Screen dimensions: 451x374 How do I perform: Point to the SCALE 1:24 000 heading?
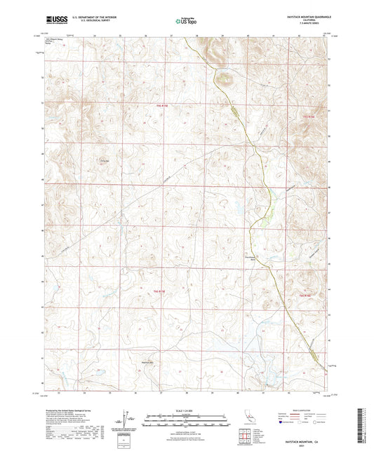pyautogui.click(x=187, y=410)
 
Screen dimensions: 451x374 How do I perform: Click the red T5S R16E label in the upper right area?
pyautogui.click(x=307, y=112)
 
